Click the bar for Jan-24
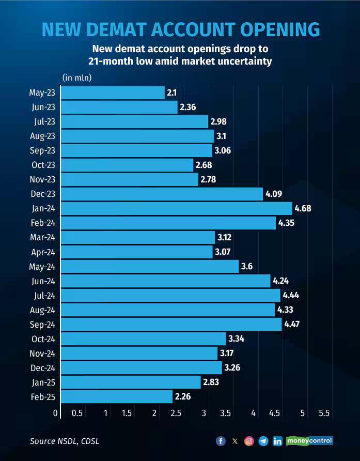[x=176, y=208]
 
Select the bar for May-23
[x=113, y=93]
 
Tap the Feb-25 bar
[x=116, y=396]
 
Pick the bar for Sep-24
[x=171, y=324]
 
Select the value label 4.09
[x=274, y=194]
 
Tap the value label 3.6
[x=247, y=267]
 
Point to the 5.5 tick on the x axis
[x=324, y=413]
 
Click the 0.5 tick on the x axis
[x=77, y=413]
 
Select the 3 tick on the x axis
[x=204, y=413]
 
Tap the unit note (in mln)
[x=77, y=78]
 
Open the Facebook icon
[x=221, y=441]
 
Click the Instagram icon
[x=249, y=441]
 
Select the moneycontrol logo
[x=310, y=441]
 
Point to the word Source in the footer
[x=42, y=441]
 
